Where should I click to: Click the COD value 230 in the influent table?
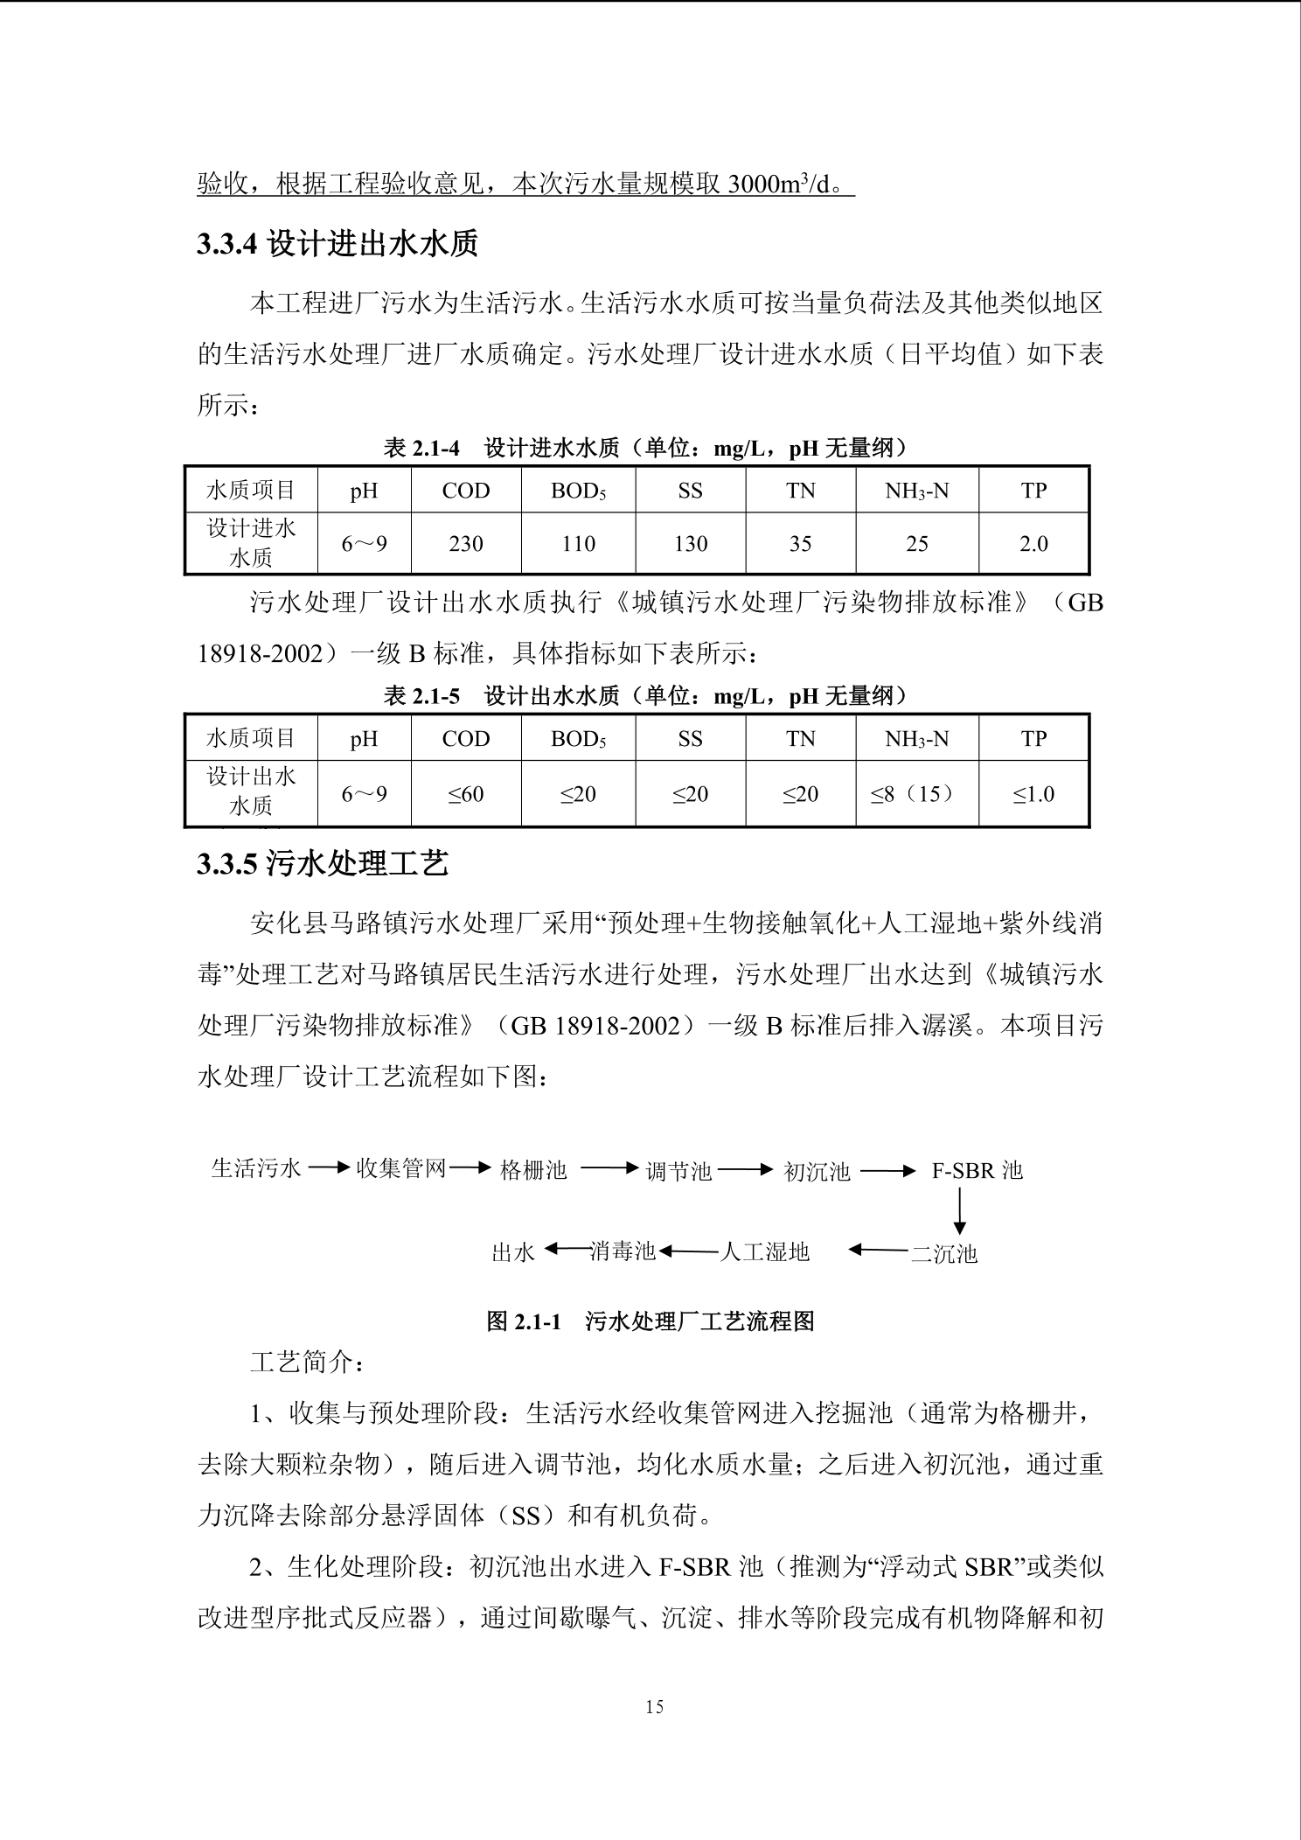[x=466, y=544]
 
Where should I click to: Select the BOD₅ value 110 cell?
[x=578, y=544]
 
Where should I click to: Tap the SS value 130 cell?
[x=690, y=544]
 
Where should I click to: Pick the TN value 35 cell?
[x=800, y=544]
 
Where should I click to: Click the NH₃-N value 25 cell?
[x=916, y=544]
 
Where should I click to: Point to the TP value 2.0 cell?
[x=1033, y=544]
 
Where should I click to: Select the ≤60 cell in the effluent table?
[x=466, y=794]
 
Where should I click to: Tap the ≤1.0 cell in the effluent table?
[x=1033, y=794]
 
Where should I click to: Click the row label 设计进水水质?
[x=251, y=543]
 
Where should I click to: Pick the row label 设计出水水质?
[x=251, y=791]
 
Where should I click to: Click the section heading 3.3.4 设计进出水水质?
[x=337, y=244]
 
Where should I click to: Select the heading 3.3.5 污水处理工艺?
[x=323, y=864]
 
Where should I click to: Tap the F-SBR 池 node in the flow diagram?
[x=977, y=1170]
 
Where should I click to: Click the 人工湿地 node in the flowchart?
[x=765, y=1252]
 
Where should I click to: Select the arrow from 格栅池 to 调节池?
[x=609, y=1168]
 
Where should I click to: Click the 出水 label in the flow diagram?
[x=513, y=1253]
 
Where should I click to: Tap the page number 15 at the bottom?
[x=654, y=1706]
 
